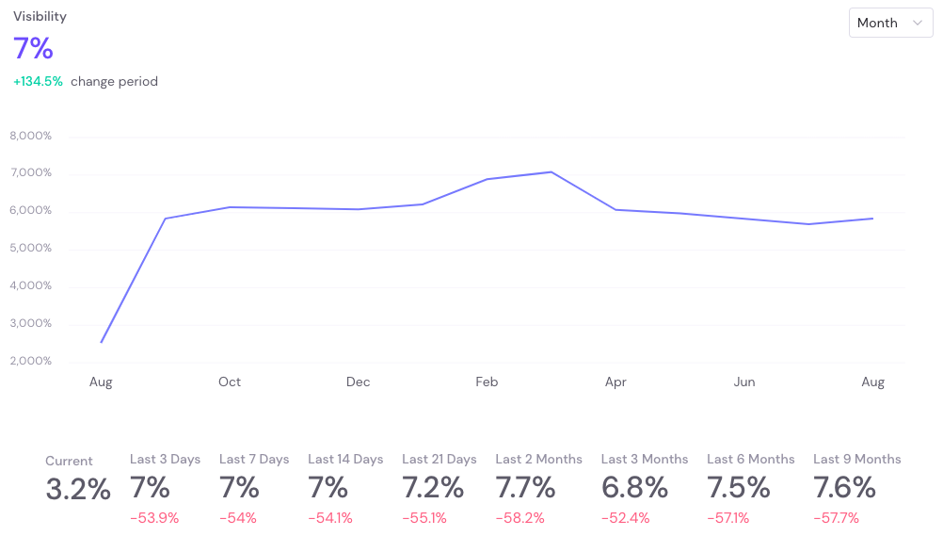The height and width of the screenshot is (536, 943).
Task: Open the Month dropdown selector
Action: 890,23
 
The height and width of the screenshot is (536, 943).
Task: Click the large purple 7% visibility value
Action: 33,48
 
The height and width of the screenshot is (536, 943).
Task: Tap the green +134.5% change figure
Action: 38,81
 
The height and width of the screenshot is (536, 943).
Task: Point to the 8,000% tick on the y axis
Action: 31,136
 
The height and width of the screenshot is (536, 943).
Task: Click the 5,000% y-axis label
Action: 31,248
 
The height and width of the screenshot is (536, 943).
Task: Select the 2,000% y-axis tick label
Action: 31,361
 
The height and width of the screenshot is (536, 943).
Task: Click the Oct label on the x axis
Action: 229,382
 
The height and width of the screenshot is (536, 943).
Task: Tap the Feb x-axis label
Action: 487,382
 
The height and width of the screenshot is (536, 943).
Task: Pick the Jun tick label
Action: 743,382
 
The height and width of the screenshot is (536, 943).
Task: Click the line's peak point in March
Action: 551,172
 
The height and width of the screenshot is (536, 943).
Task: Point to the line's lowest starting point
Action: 101,342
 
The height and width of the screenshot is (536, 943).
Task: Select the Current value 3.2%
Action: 78,489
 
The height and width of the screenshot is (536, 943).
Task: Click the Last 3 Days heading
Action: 165,459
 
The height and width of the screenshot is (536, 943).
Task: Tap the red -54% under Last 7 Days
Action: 238,518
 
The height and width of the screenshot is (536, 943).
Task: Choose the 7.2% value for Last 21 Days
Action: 433,487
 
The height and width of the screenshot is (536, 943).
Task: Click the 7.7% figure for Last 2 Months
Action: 525,487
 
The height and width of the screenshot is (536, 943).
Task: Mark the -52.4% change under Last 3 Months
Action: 626,518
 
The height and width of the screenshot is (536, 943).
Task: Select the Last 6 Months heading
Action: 751,459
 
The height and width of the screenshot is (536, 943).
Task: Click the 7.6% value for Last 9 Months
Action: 844,487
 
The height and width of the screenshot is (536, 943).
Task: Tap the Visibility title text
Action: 40,16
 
